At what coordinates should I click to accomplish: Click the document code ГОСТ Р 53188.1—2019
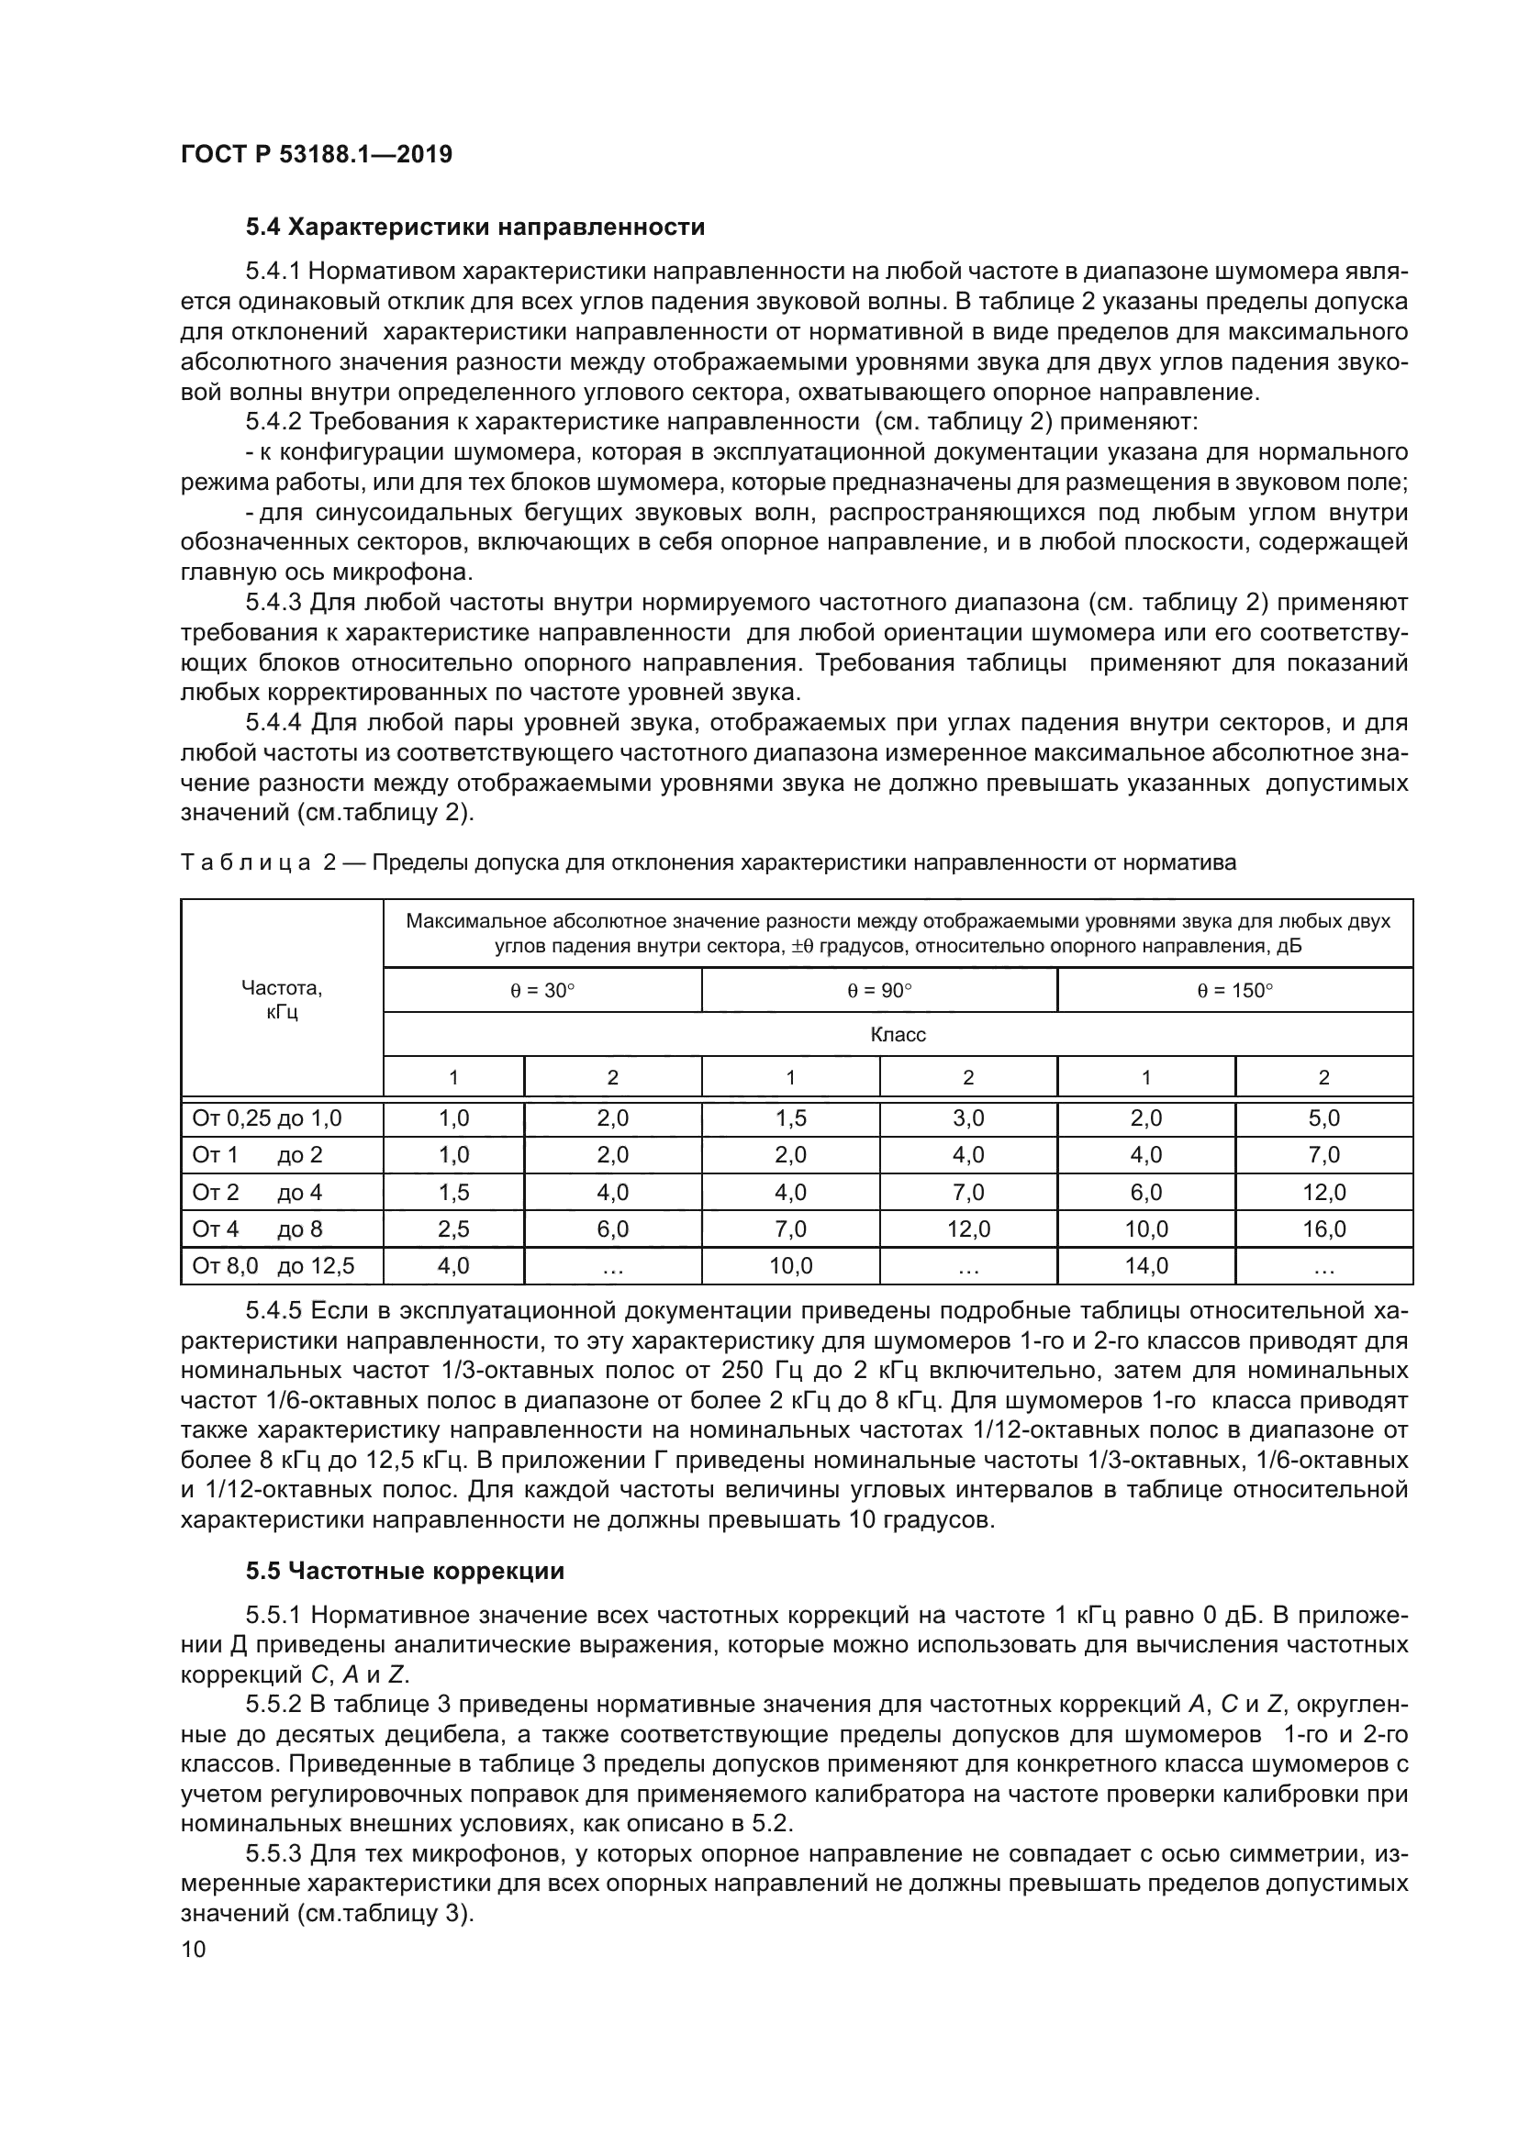(316, 154)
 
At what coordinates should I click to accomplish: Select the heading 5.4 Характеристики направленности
(474, 228)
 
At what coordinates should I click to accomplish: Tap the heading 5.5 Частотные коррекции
(405, 1571)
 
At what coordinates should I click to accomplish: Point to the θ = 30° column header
(542, 991)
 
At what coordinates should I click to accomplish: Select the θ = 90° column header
(878, 991)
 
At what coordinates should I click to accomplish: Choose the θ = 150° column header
(1234, 991)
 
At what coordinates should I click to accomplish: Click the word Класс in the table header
(898, 1035)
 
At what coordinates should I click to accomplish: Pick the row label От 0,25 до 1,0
(267, 1117)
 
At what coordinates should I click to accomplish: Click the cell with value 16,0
(1323, 1229)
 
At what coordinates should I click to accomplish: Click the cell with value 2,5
(453, 1229)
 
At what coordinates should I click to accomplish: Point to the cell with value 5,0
(1323, 1117)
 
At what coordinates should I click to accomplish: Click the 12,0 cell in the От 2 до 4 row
(1323, 1193)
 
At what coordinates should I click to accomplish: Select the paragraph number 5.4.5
(273, 1311)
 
